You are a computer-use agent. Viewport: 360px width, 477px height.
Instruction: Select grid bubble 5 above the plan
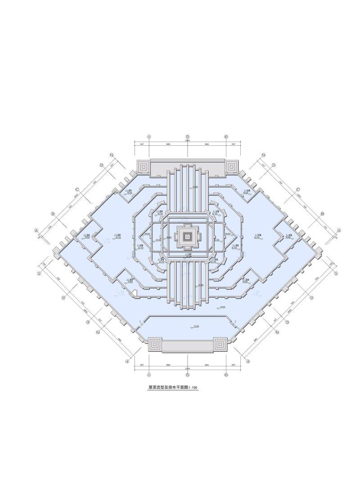coord(188,137)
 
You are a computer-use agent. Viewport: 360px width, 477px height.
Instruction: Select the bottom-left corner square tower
coord(155,344)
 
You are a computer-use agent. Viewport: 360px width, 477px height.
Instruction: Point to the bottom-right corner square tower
coord(220,344)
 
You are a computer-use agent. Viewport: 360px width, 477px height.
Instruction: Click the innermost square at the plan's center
coord(188,235)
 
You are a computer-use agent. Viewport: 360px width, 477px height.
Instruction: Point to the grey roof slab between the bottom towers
coord(188,345)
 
